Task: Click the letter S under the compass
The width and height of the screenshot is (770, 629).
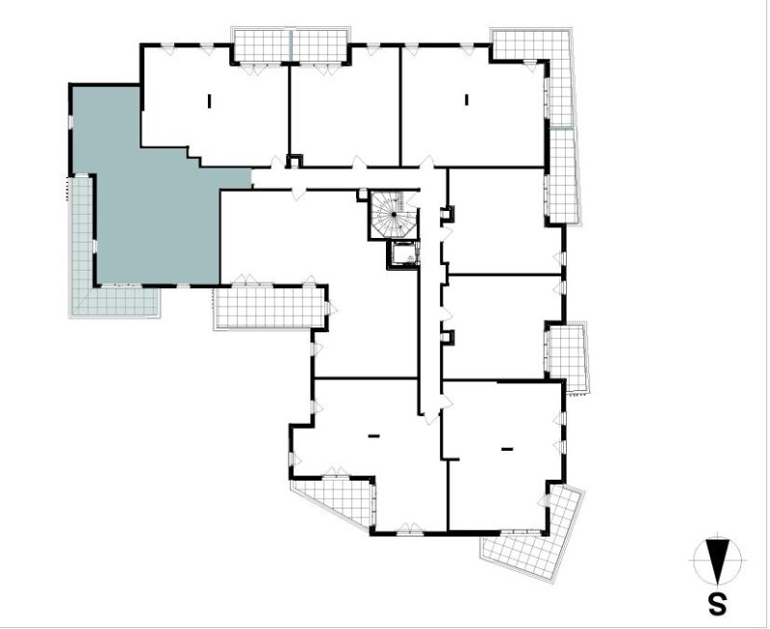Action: click(x=717, y=604)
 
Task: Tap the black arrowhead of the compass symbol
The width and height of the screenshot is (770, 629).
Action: click(x=717, y=563)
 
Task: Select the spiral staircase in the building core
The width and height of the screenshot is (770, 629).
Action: click(x=394, y=215)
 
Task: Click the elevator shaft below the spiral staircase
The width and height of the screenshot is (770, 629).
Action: click(x=403, y=254)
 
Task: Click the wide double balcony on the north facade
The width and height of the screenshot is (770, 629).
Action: click(x=291, y=46)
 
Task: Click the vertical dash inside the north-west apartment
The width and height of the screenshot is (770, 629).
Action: click(x=210, y=101)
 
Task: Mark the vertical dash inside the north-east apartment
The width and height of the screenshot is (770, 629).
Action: click(x=467, y=100)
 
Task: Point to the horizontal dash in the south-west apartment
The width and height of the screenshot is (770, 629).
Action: click(x=374, y=435)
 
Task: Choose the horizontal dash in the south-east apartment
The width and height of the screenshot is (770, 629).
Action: click(x=507, y=449)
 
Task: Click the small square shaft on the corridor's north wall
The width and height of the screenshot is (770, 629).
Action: click(x=295, y=161)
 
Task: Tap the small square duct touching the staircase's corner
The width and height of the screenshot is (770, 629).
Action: click(x=362, y=195)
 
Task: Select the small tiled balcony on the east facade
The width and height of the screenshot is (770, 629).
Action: click(x=568, y=357)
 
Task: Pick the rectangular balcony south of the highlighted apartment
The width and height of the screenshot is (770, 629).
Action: click(x=270, y=307)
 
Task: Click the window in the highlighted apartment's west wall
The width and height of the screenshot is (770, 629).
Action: click(x=70, y=121)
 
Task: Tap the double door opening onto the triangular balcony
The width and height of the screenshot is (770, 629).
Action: click(x=336, y=473)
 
